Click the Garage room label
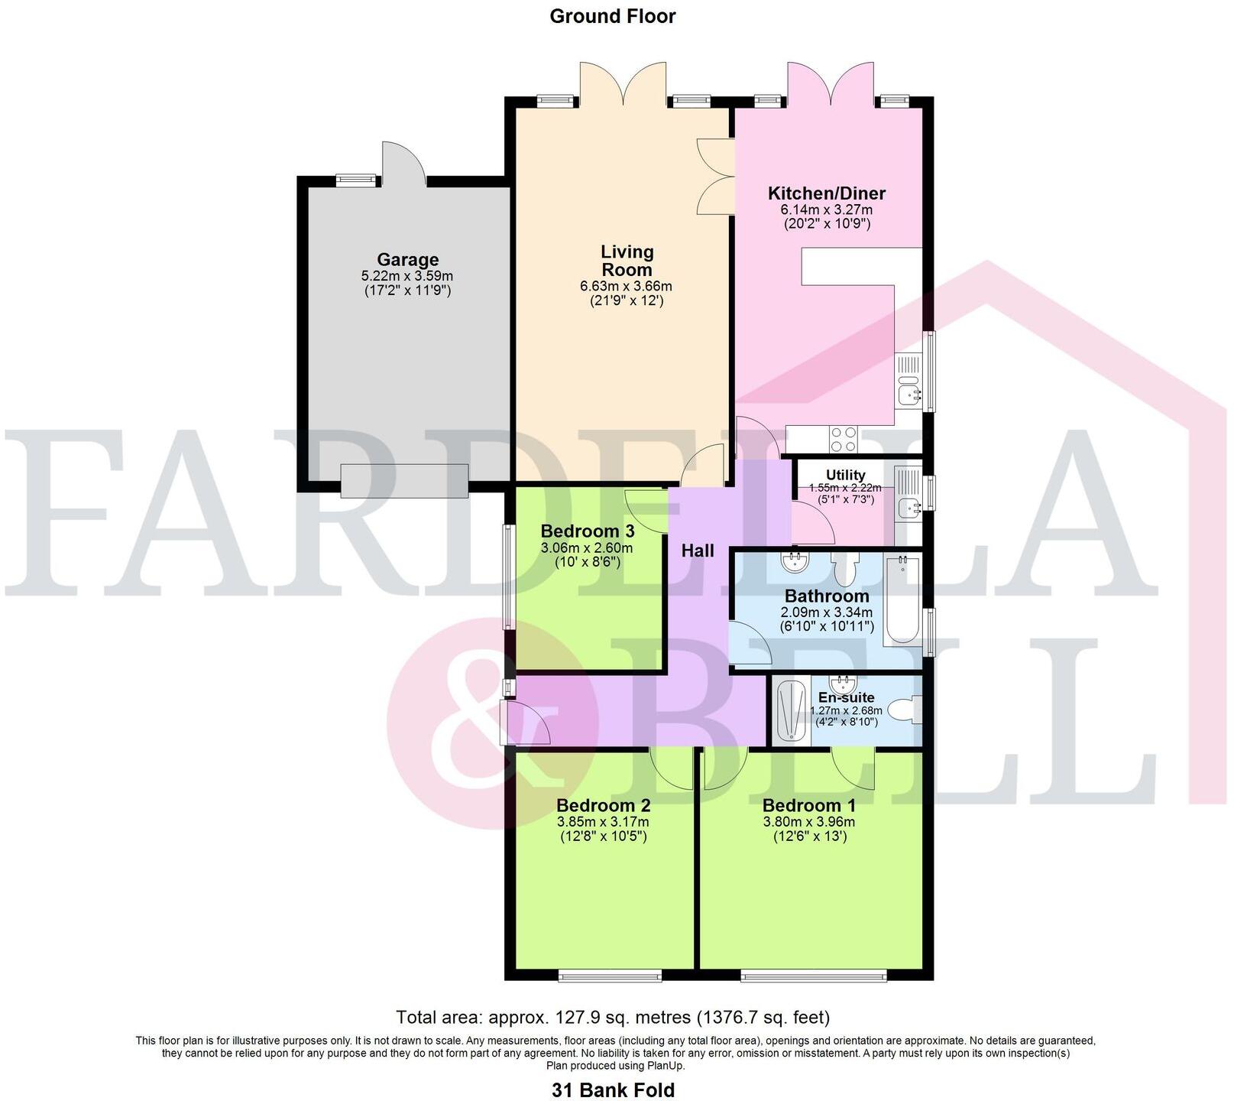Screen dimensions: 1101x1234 (407, 260)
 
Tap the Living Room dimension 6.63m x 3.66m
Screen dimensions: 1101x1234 (626, 287)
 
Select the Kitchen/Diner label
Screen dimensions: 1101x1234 (827, 193)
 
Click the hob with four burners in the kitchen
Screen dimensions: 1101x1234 (844, 439)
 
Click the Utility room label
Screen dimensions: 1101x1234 (845, 475)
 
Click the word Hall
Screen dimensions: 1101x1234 (698, 550)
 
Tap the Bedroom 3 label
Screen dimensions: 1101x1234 (587, 531)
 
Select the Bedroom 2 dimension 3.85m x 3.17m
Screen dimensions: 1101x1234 (603, 822)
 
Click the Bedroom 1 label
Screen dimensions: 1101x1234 (808, 805)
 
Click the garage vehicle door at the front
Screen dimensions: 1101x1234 (404, 480)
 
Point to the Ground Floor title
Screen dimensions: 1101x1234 (613, 16)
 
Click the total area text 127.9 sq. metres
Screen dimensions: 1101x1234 (612, 1018)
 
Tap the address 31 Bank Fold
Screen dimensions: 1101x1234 (613, 1090)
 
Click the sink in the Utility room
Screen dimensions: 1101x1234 (909, 506)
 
